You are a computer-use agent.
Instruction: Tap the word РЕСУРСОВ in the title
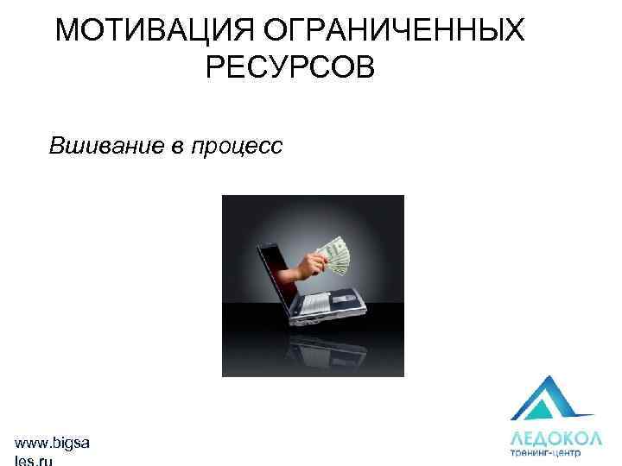[290, 66]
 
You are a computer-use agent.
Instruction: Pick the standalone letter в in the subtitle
[175, 146]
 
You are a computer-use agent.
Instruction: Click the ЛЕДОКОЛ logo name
[545, 435]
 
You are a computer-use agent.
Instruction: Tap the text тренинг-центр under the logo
[545, 450]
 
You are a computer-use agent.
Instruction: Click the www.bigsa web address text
[51, 444]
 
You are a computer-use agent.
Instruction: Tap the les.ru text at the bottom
[34, 461]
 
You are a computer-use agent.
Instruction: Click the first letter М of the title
[65, 30]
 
